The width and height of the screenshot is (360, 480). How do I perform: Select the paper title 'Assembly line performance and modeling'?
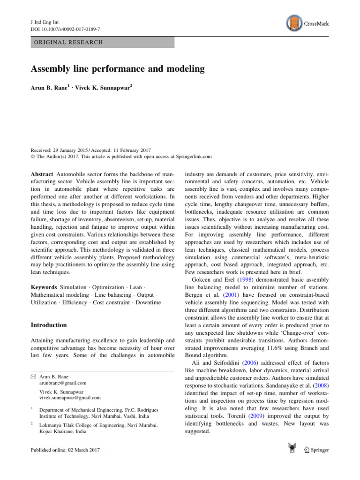point(118,69)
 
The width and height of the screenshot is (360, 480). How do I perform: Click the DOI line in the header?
point(62,30)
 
